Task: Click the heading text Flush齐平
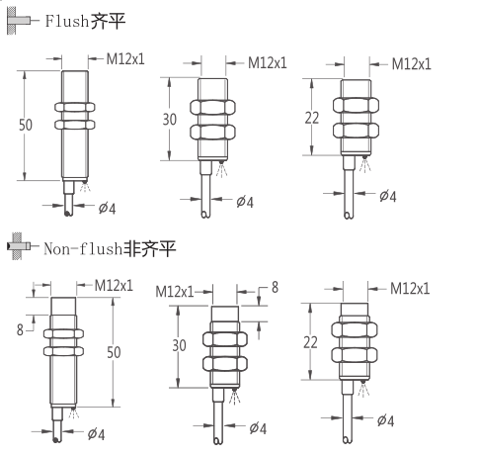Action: (84, 19)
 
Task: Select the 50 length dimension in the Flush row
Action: (26, 125)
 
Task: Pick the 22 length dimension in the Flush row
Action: (312, 118)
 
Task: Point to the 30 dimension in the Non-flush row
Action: (179, 346)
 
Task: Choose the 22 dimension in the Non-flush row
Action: (312, 340)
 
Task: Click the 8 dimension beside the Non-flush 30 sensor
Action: (275, 287)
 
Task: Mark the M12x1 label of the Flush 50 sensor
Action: (125, 59)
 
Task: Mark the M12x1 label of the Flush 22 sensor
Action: (412, 63)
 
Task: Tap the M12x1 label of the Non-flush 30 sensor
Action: (175, 292)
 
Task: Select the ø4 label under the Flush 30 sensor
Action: (245, 202)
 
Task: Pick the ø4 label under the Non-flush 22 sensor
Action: (385, 420)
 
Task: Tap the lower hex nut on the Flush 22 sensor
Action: (357, 130)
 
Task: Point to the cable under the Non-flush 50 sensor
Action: (67, 420)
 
